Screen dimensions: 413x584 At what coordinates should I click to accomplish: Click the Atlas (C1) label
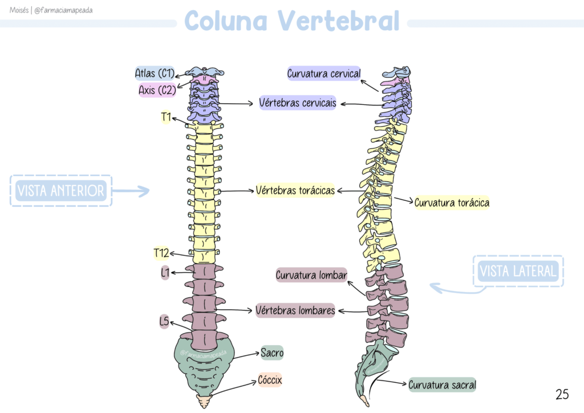pyautogui.click(x=155, y=73)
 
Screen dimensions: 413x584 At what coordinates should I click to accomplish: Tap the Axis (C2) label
pyautogui.click(x=157, y=90)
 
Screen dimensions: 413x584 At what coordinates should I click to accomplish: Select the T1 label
pyautogui.click(x=166, y=118)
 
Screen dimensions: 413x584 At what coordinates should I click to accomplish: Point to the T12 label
pyautogui.click(x=161, y=252)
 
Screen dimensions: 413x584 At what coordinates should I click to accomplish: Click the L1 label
pyautogui.click(x=165, y=273)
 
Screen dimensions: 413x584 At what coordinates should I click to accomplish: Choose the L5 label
pyautogui.click(x=164, y=322)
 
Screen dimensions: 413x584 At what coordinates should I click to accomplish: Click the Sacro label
pyautogui.click(x=272, y=353)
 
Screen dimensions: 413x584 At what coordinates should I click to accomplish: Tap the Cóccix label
pyautogui.click(x=270, y=380)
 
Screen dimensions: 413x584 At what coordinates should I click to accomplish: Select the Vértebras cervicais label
pyautogui.click(x=297, y=103)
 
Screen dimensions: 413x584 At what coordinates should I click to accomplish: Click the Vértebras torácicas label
pyautogui.click(x=295, y=191)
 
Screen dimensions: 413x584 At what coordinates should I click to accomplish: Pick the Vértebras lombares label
pyautogui.click(x=295, y=311)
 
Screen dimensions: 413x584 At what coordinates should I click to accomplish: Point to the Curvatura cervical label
pyautogui.click(x=323, y=74)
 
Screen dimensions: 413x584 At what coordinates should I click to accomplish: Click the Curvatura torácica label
pyautogui.click(x=452, y=203)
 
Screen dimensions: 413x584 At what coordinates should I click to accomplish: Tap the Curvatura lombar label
pyautogui.click(x=311, y=276)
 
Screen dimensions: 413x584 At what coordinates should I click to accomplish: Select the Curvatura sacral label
pyautogui.click(x=442, y=385)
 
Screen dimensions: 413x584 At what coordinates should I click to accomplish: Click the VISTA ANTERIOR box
pyautogui.click(x=61, y=191)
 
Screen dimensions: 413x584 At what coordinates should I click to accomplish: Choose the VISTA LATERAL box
pyautogui.click(x=518, y=271)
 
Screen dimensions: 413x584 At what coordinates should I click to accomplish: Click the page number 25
pyautogui.click(x=562, y=394)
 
